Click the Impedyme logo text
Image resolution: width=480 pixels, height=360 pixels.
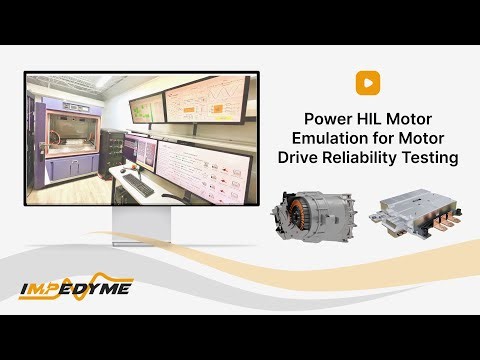coord(77,290)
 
